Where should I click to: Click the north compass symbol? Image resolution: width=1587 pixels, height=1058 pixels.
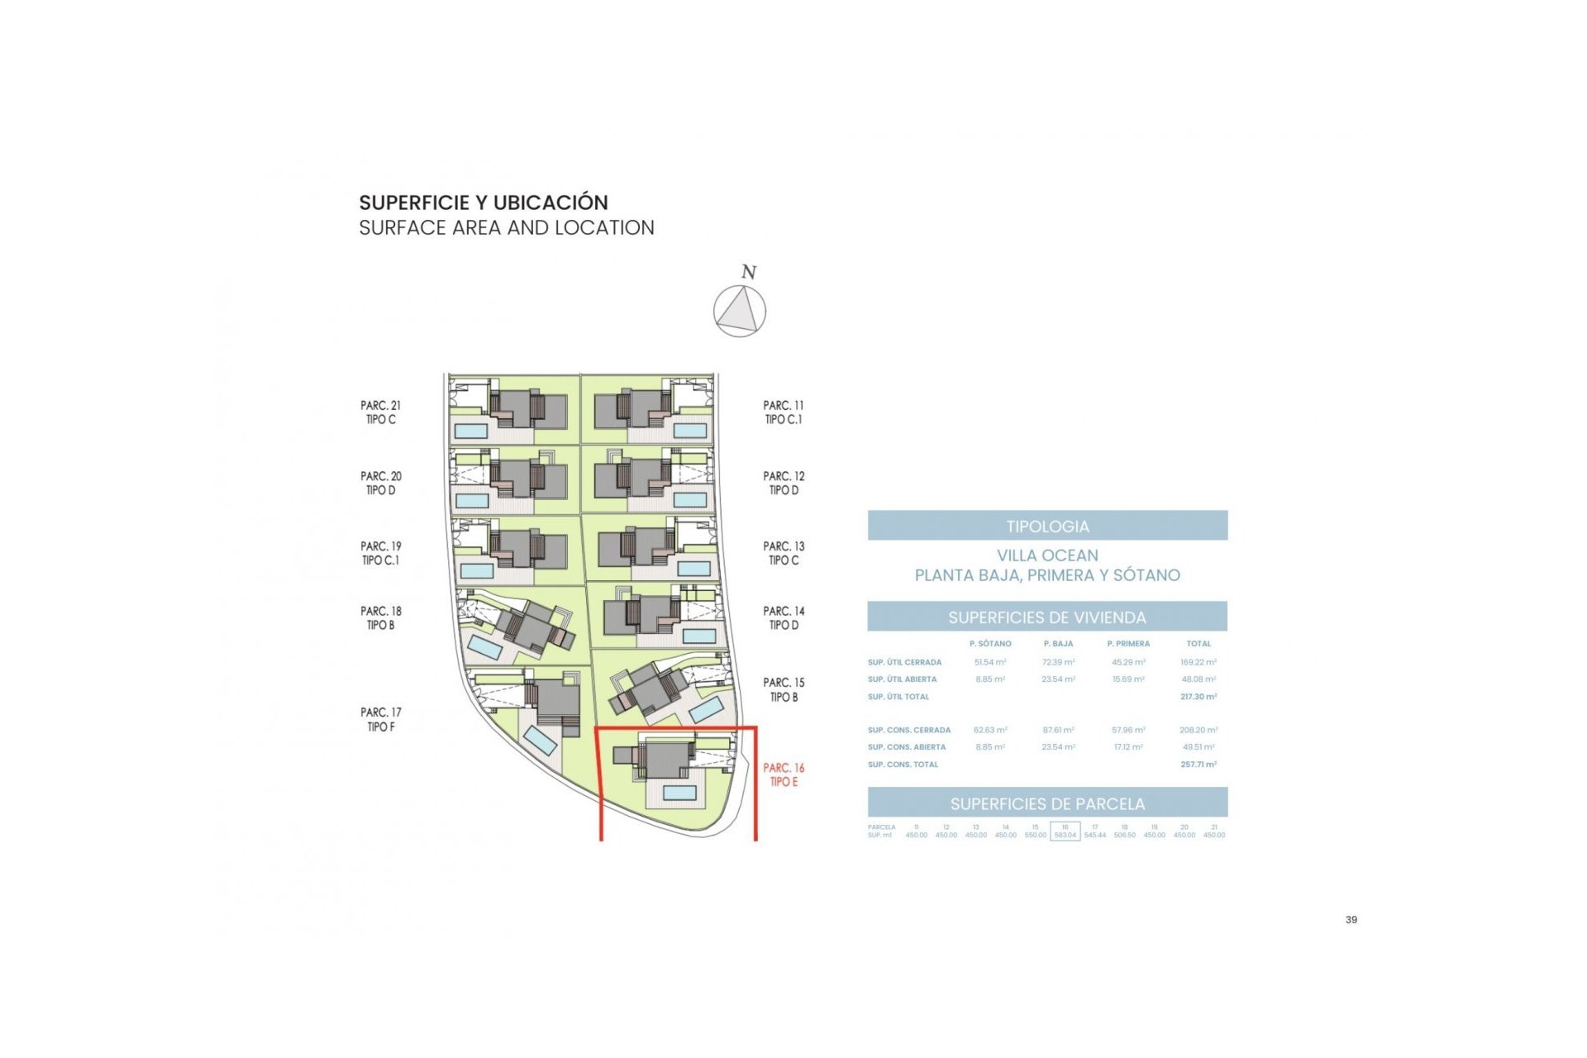pyautogui.click(x=740, y=311)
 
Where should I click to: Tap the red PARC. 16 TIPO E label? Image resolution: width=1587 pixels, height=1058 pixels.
pyautogui.click(x=784, y=774)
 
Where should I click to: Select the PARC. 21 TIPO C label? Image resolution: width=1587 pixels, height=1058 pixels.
pyautogui.click(x=380, y=412)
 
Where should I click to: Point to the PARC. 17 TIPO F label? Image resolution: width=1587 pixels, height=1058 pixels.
pyautogui.click(x=380, y=719)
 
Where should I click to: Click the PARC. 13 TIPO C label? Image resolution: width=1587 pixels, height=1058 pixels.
pyautogui.click(x=784, y=553)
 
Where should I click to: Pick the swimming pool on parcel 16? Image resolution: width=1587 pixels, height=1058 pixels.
pyautogui.click(x=679, y=793)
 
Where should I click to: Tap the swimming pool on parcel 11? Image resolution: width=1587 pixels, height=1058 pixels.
pyautogui.click(x=690, y=431)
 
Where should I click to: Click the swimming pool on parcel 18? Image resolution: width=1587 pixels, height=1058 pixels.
pyautogui.click(x=485, y=647)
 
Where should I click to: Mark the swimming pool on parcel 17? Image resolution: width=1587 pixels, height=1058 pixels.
pyautogui.click(x=541, y=741)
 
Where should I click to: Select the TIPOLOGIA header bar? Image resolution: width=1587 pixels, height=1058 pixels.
pyautogui.click(x=1047, y=526)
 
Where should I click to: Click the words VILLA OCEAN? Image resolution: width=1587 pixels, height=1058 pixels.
pyautogui.click(x=1047, y=555)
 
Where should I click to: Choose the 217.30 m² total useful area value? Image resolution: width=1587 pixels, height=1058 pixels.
pyautogui.click(x=1198, y=697)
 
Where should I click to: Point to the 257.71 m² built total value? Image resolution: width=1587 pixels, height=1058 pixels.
pyautogui.click(x=1198, y=765)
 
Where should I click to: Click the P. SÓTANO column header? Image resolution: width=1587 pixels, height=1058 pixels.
pyautogui.click(x=990, y=644)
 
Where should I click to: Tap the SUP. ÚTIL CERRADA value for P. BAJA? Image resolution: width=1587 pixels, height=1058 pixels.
pyautogui.click(x=1058, y=662)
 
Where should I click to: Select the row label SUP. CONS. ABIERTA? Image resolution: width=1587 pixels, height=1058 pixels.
pyautogui.click(x=906, y=747)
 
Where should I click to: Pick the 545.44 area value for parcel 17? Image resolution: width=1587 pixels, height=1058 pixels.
pyautogui.click(x=1095, y=836)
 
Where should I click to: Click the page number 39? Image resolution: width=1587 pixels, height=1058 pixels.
pyautogui.click(x=1351, y=919)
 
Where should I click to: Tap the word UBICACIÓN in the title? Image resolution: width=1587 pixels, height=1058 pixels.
pyautogui.click(x=550, y=203)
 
